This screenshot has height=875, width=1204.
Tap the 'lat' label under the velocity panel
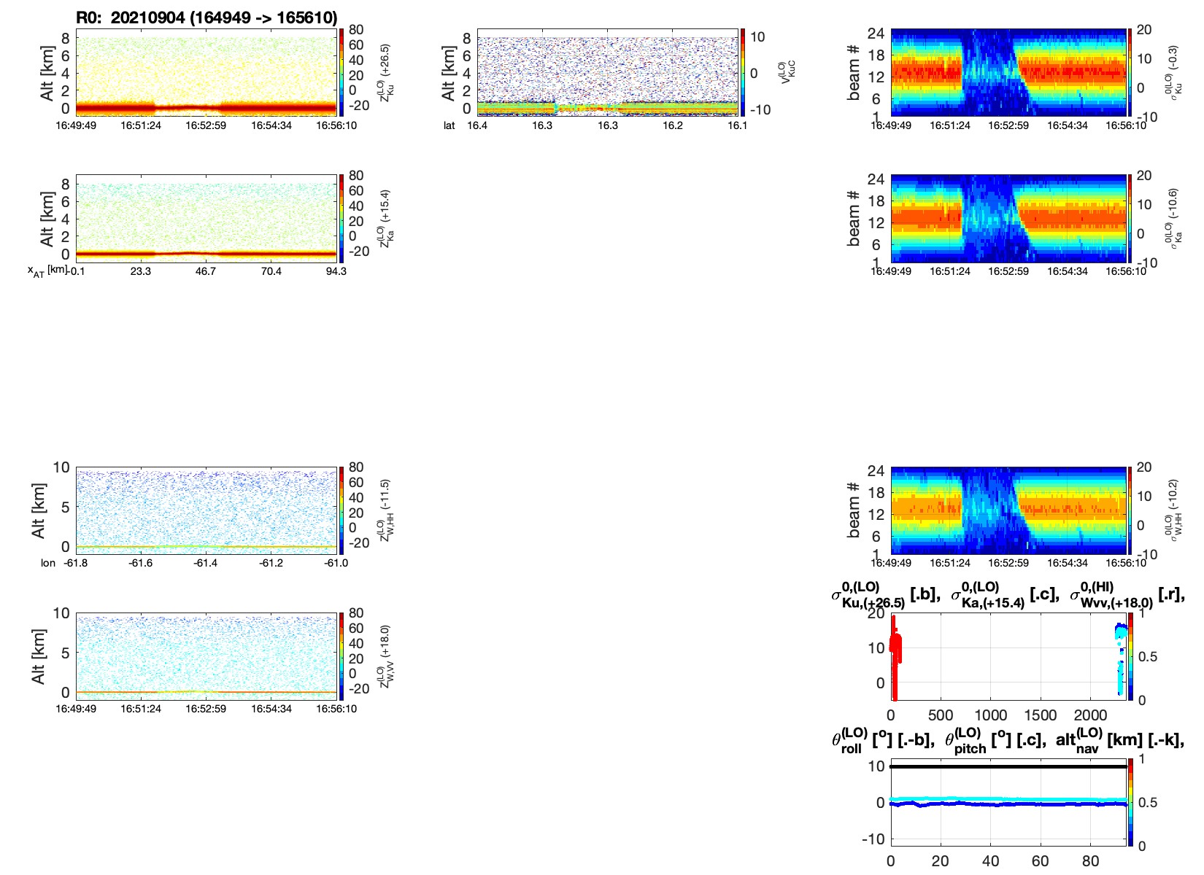449,125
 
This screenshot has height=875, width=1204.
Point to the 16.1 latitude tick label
738,125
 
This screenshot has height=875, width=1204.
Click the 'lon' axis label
48,563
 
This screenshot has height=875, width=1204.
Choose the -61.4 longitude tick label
206,563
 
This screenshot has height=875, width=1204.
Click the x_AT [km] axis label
47,271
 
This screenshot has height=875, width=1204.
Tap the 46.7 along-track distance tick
206,271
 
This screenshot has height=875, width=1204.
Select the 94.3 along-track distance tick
336,271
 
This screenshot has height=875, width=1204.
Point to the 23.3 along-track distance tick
141,271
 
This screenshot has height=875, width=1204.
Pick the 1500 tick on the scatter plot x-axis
1040,715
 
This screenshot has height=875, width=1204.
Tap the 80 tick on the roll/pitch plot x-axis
1090,861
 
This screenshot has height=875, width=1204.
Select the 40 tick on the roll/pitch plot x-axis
990,861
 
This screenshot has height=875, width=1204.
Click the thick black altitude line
1007,766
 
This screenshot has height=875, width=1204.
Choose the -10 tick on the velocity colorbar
760,110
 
